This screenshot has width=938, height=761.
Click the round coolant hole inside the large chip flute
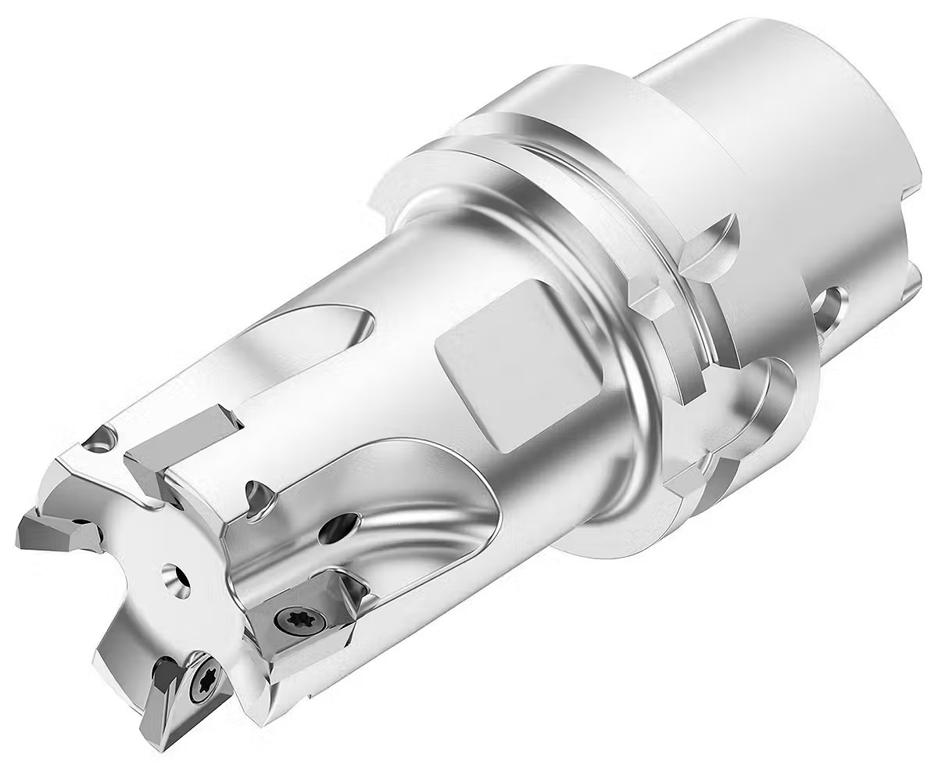click(x=342, y=525)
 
